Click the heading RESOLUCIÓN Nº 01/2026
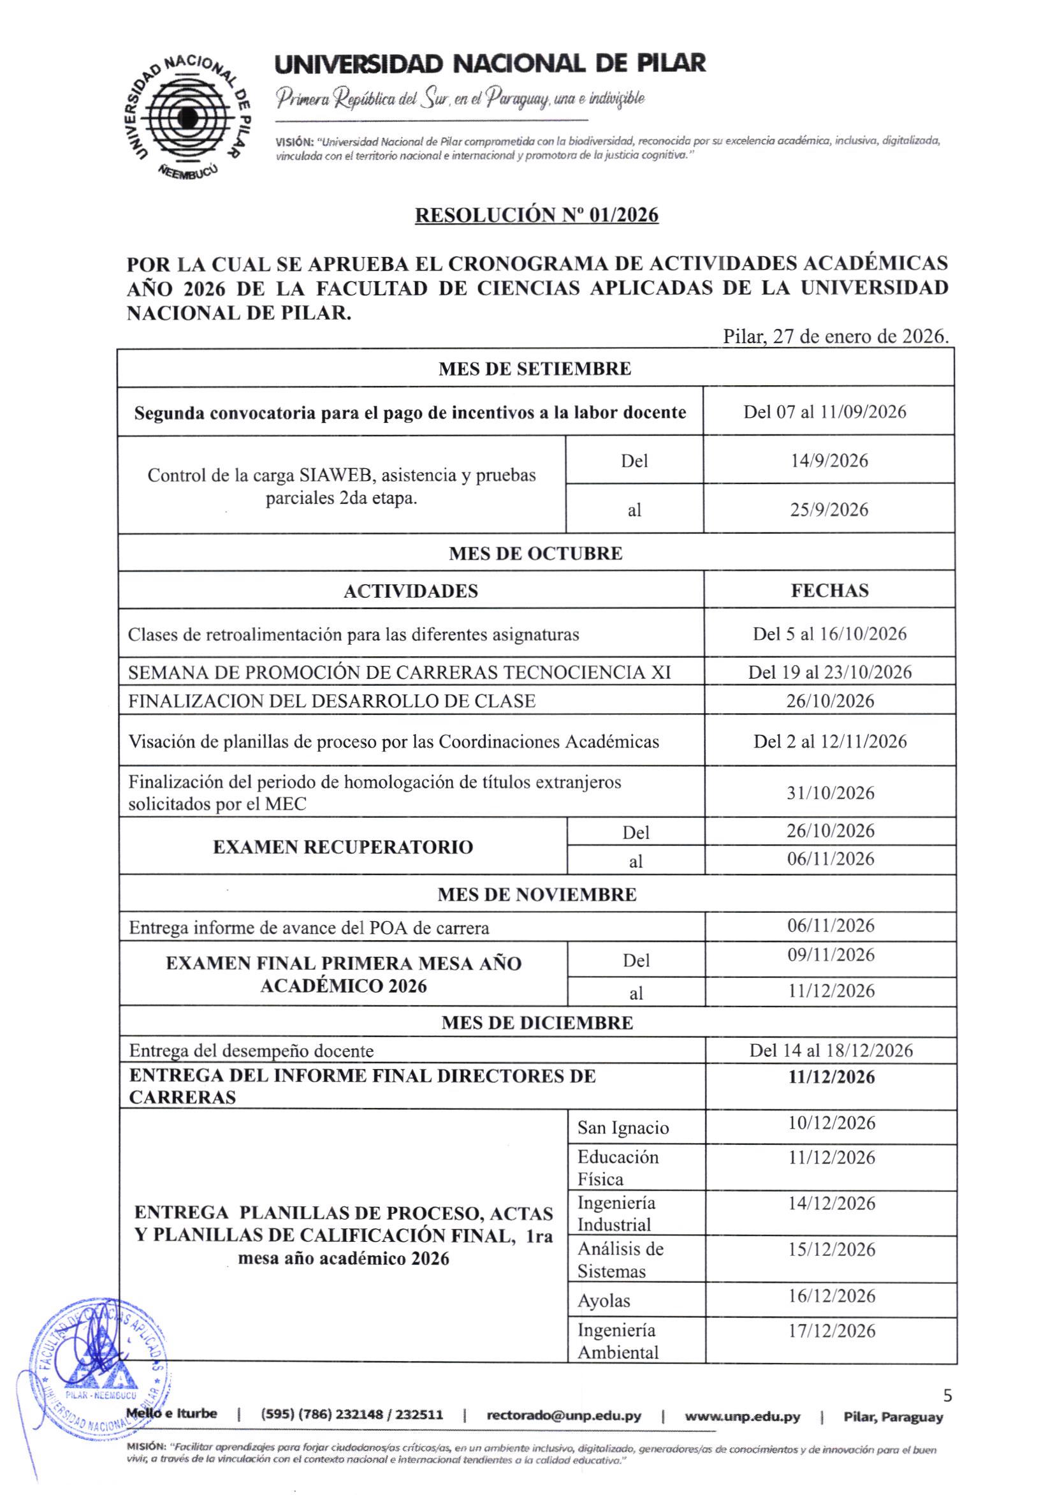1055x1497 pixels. tap(536, 214)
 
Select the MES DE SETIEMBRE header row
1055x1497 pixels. tap(535, 369)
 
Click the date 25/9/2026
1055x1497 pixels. tap(829, 509)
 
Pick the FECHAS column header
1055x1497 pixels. tap(829, 591)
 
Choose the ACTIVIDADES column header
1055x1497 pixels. tap(411, 591)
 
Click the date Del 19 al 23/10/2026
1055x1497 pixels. tap(829, 672)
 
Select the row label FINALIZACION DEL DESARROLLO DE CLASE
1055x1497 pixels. tap(331, 701)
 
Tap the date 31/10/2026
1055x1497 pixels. tap(830, 793)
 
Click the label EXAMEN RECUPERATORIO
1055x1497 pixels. tap(343, 847)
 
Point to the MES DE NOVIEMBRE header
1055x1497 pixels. tap(537, 894)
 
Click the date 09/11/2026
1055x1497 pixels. tap(830, 955)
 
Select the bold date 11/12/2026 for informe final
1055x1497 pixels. tap(831, 1077)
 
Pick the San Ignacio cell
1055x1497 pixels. tap(623, 1128)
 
